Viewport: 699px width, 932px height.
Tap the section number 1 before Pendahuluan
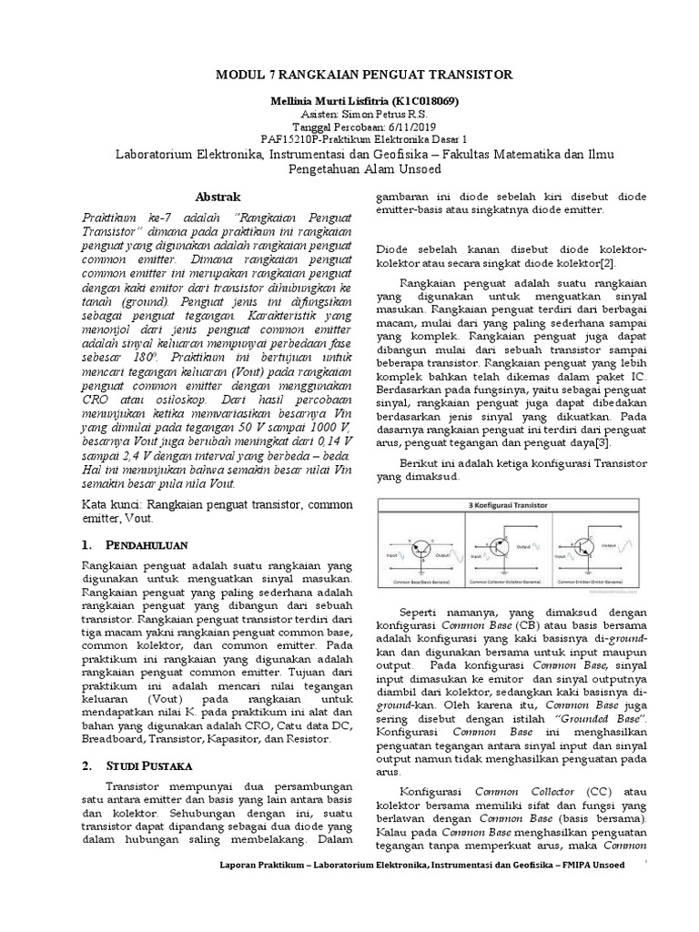(86, 545)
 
